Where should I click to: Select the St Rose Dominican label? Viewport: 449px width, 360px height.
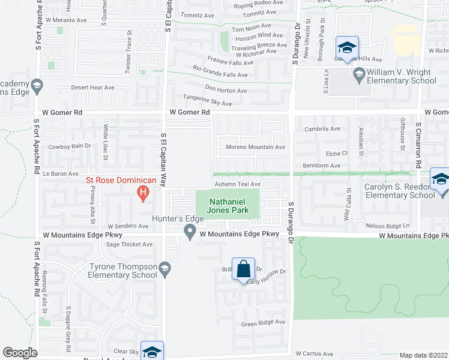[121, 180]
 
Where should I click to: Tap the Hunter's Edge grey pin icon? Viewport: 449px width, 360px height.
[190, 231]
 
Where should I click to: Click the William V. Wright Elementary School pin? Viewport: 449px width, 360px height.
[359, 76]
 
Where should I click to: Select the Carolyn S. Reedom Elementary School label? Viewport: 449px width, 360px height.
[400, 191]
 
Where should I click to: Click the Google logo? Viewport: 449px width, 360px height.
[20, 353]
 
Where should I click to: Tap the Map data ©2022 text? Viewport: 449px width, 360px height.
[423, 355]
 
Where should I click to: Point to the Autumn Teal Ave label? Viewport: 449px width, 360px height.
[237, 184]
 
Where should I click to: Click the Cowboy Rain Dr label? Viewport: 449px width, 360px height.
[69, 146]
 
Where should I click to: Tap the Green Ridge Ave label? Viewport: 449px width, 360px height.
[263, 323]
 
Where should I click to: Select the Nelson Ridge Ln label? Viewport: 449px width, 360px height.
[389, 225]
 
